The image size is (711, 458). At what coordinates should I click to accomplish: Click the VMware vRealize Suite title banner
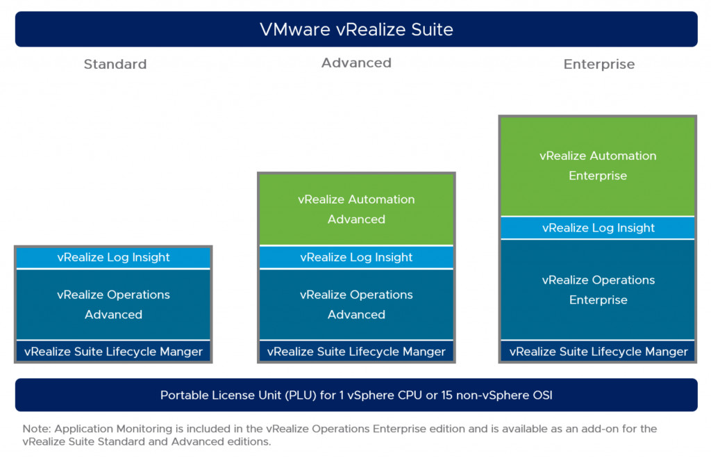tap(355, 29)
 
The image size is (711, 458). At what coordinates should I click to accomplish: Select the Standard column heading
tap(115, 64)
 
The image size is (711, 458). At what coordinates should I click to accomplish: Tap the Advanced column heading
tap(356, 63)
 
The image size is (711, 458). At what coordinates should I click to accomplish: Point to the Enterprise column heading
tap(599, 64)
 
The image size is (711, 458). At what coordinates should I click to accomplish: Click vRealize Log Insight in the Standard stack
tap(113, 257)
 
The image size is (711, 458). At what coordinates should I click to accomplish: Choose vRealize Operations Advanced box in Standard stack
tap(113, 304)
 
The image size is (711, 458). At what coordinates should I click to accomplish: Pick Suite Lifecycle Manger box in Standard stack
tap(113, 351)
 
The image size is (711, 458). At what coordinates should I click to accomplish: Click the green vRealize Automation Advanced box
tap(356, 209)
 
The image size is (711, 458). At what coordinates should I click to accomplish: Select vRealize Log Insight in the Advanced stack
tap(356, 257)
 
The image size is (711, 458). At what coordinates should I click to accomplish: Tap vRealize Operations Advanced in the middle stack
tap(356, 304)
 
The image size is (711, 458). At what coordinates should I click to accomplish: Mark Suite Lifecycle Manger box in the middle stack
tap(356, 351)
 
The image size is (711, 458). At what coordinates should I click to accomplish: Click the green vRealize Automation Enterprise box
tap(598, 166)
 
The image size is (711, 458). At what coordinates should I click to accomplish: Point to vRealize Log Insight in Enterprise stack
tap(598, 227)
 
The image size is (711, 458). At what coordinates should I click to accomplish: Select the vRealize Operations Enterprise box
tap(598, 290)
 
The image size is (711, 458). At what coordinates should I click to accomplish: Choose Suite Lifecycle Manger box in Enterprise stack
tap(598, 351)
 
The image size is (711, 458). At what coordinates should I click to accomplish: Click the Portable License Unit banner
tap(355, 395)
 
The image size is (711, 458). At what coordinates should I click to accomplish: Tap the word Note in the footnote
tap(35, 428)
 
